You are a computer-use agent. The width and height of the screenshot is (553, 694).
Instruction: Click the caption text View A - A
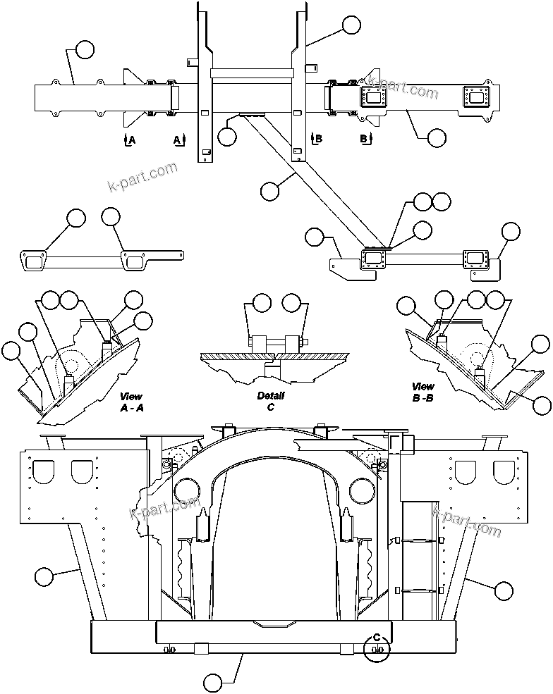[x=131, y=402]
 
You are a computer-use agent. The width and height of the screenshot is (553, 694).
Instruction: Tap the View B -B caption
[x=423, y=392]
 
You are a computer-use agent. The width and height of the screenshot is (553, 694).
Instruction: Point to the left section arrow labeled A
[x=129, y=140]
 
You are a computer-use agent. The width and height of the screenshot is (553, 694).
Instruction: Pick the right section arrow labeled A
[x=179, y=140]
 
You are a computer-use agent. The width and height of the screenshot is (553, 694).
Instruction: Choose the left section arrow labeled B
[x=315, y=139]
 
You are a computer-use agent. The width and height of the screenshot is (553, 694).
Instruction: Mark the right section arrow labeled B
[x=366, y=139]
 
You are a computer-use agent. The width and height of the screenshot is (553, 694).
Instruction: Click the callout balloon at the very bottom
[x=213, y=682]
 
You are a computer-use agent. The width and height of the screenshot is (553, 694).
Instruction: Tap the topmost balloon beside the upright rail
[x=351, y=25]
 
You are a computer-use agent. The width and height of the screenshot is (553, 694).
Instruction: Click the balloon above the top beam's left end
[x=84, y=49]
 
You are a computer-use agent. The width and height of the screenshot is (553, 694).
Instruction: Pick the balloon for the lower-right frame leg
[x=504, y=590]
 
